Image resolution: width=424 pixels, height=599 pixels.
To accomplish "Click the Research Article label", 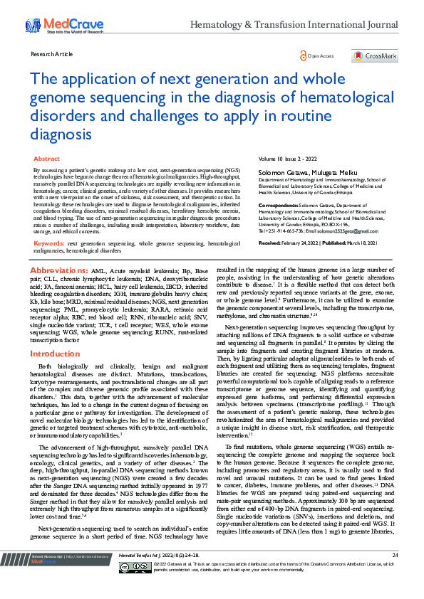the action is click(52, 54).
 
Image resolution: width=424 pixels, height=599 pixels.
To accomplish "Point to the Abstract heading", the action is click(47, 159).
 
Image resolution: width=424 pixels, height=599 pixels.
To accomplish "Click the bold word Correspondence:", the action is click(278, 205).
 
